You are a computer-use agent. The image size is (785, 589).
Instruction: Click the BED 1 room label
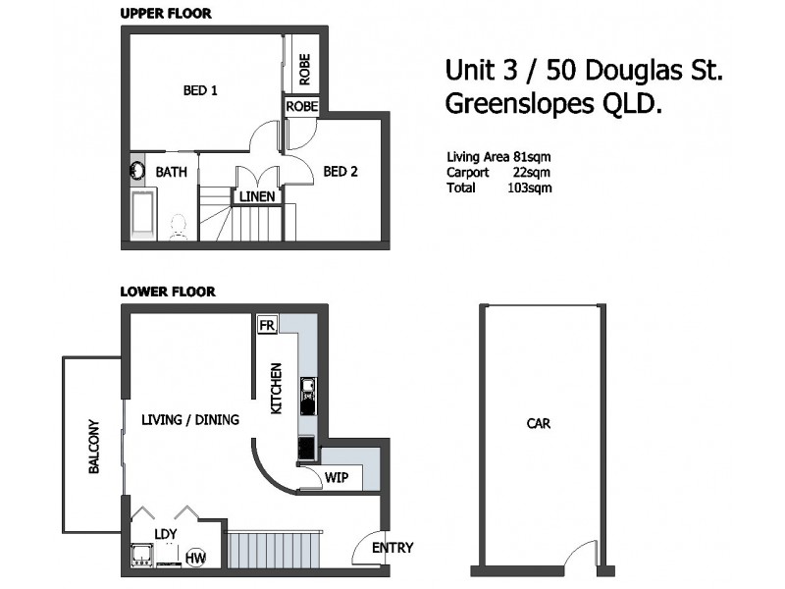point(200,91)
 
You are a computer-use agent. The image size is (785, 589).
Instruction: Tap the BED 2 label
point(340,172)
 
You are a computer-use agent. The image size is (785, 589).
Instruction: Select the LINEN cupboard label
point(257,196)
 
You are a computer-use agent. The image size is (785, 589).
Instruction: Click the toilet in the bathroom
point(179,227)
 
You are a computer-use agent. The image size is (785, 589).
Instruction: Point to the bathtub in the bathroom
point(143,215)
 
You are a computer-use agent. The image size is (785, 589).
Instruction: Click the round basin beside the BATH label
point(137,171)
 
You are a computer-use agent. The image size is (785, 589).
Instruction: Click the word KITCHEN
point(278,388)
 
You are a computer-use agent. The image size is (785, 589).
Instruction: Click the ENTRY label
point(392,548)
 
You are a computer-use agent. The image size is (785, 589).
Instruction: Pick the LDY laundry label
point(165,535)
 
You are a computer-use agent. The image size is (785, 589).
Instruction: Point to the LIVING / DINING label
point(190,420)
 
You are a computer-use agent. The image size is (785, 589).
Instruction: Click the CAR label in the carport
point(538,424)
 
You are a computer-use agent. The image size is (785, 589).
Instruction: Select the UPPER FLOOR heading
point(165,14)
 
